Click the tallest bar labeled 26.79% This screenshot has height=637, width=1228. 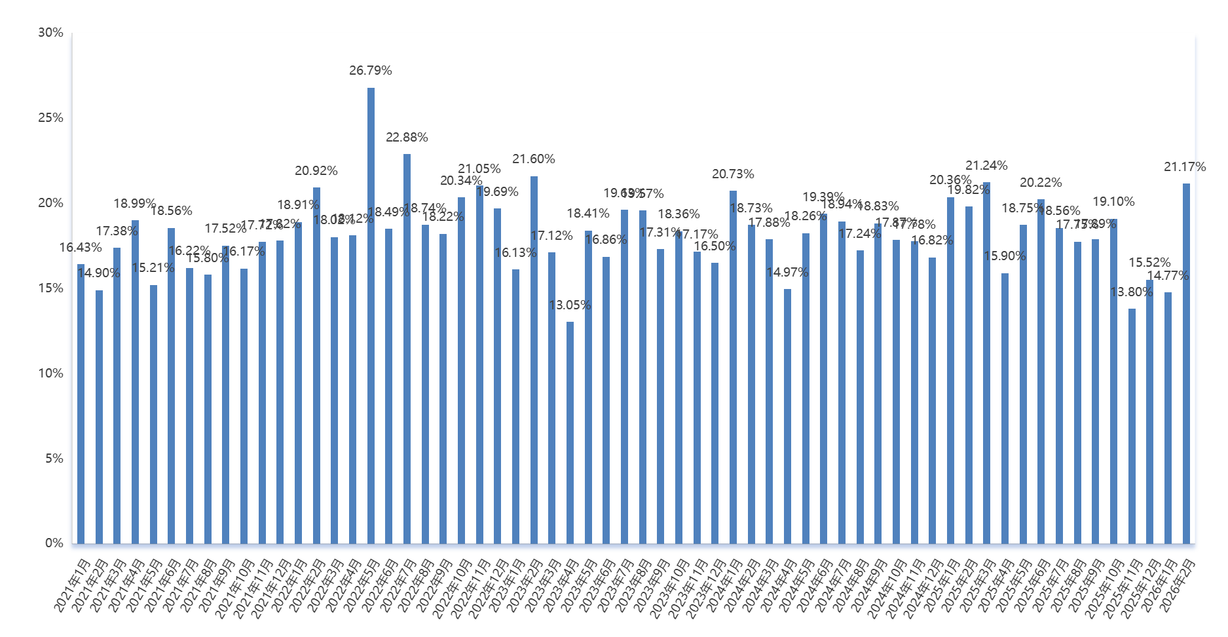pyautogui.click(x=371, y=315)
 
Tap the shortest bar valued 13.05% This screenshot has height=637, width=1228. pyautogui.click(x=570, y=433)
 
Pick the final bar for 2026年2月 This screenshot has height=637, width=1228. pyautogui.click(x=1186, y=363)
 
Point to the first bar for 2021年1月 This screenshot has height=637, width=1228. pyautogui.click(x=81, y=404)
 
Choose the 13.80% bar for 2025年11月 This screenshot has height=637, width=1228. pyautogui.click(x=1132, y=426)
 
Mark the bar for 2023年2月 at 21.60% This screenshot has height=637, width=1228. pyautogui.click(x=534, y=360)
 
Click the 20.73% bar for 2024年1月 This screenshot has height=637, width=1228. pyautogui.click(x=733, y=367)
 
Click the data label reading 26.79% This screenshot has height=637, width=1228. pyautogui.click(x=371, y=70)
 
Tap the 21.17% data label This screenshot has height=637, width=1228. pyautogui.click(x=1185, y=167)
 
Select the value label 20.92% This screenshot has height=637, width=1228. pyautogui.click(x=316, y=171)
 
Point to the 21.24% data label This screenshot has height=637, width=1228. pyautogui.click(x=986, y=166)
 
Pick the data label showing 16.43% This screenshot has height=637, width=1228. pyautogui.click(x=81, y=248)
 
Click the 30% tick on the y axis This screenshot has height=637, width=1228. pyautogui.click(x=50, y=33)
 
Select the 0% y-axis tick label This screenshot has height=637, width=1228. pyautogui.click(x=54, y=543)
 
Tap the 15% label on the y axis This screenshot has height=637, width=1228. pyautogui.click(x=50, y=288)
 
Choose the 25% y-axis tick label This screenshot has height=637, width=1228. pyautogui.click(x=50, y=118)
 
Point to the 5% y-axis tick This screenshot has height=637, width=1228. pyautogui.click(x=54, y=459)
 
